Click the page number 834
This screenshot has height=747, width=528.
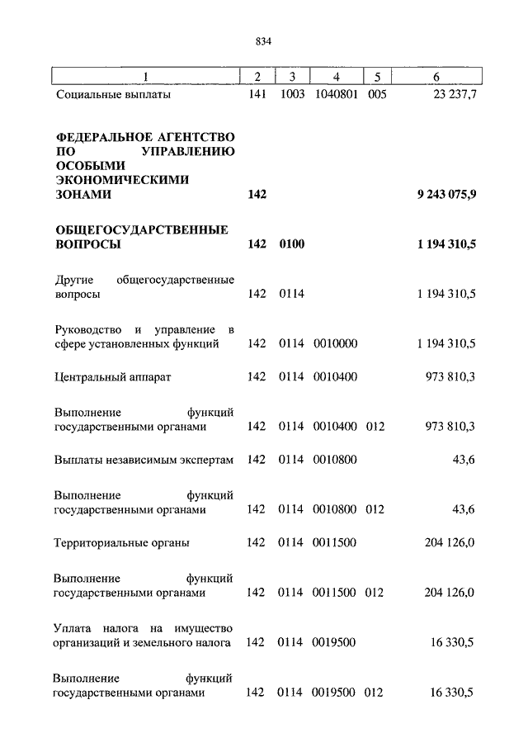264,41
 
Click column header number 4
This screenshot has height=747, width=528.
334,77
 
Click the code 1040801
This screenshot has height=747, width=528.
334,96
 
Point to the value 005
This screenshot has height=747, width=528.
376,96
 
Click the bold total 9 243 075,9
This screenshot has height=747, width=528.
446,195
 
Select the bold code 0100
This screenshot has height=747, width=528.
291,244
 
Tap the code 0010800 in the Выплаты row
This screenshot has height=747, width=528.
334,459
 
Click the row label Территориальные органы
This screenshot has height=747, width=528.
121,542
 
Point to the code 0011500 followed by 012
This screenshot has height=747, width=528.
334,593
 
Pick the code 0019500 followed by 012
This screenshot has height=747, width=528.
334,693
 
